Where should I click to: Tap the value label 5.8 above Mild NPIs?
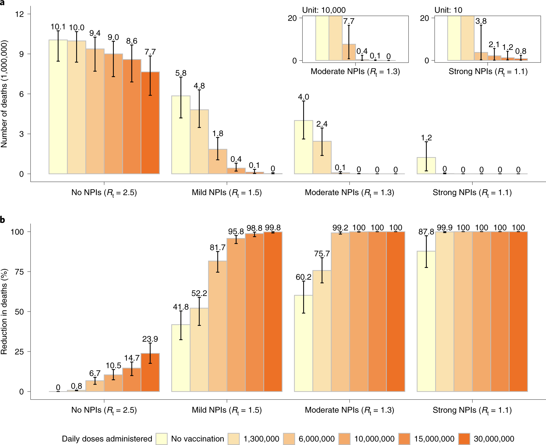[x=181, y=73]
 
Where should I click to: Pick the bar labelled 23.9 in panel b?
[x=150, y=373]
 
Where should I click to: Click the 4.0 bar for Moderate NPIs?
[x=303, y=149]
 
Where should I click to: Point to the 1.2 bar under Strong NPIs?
[x=426, y=166]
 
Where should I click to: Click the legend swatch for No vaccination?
[x=162, y=439]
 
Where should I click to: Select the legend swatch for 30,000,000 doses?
[x=464, y=439]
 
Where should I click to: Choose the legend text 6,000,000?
[x=317, y=439]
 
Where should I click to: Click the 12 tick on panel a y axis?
[x=19, y=14]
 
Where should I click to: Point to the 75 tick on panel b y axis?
[x=19, y=271]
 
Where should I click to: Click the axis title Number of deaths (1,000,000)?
[x=4, y=94]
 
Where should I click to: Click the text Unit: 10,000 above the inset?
[x=324, y=10]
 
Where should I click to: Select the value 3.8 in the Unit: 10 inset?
[x=481, y=21]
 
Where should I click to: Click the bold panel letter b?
[x=3, y=220]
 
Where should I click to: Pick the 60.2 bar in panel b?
[x=303, y=343]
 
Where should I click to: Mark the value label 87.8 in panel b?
[x=426, y=232]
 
